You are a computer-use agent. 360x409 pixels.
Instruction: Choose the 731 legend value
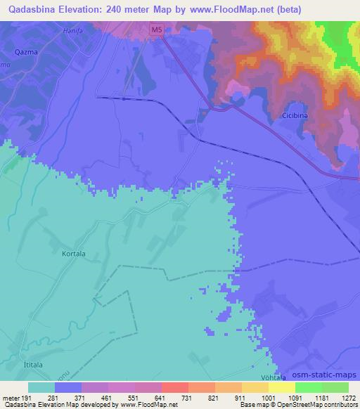(187, 398)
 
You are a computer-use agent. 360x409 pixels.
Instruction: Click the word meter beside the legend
(10, 398)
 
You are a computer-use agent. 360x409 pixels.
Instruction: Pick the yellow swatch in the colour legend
(281, 387)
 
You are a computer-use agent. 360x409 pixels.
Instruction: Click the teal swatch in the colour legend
(41, 387)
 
